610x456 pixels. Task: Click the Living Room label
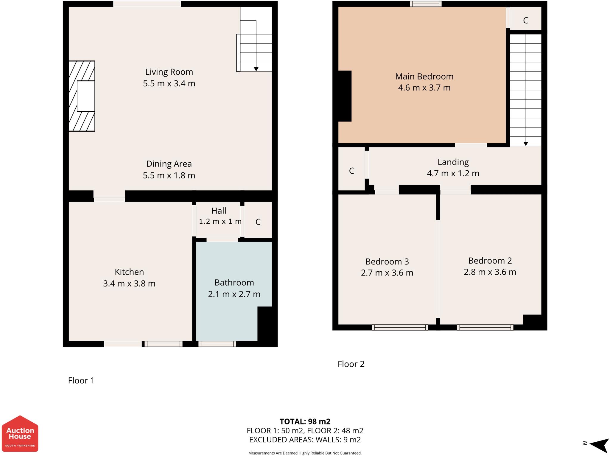point(169,72)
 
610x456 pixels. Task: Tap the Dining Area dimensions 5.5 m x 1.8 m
point(169,175)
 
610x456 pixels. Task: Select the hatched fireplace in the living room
point(82,96)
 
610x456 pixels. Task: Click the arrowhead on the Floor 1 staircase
point(256,69)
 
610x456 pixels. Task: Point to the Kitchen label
point(129,272)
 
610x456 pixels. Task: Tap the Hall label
point(219,211)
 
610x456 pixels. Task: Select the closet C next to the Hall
point(258,222)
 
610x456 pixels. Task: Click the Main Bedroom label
point(424,77)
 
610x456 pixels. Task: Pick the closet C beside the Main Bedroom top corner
point(525,20)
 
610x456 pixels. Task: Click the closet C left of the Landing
point(351,171)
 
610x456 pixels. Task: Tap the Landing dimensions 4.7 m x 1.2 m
point(453,173)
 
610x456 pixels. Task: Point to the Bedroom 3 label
point(387,262)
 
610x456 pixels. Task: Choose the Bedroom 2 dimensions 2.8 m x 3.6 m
point(490,272)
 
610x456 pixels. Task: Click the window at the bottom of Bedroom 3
point(400,328)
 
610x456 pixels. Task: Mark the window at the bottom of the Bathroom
point(217,344)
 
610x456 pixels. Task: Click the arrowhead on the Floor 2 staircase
point(526,144)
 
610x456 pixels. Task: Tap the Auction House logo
point(20,434)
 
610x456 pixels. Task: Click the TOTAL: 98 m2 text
point(305,421)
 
